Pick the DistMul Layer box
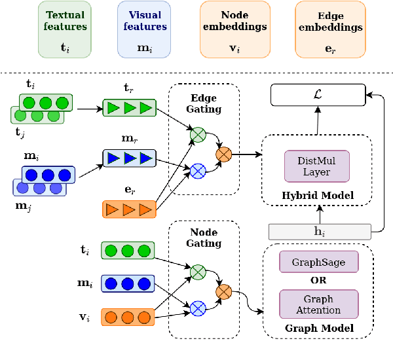[317, 166]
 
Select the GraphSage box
[319, 261]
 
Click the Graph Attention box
[319, 304]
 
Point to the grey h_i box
[319, 230]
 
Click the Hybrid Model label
[317, 195]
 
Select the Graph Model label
[319, 327]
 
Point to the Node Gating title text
[204, 239]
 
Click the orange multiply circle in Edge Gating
[224, 154]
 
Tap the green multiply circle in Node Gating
[197, 269]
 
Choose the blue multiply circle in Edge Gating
[197, 171]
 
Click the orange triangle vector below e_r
[128, 209]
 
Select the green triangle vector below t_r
[128, 107]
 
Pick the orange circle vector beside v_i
[128, 317]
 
